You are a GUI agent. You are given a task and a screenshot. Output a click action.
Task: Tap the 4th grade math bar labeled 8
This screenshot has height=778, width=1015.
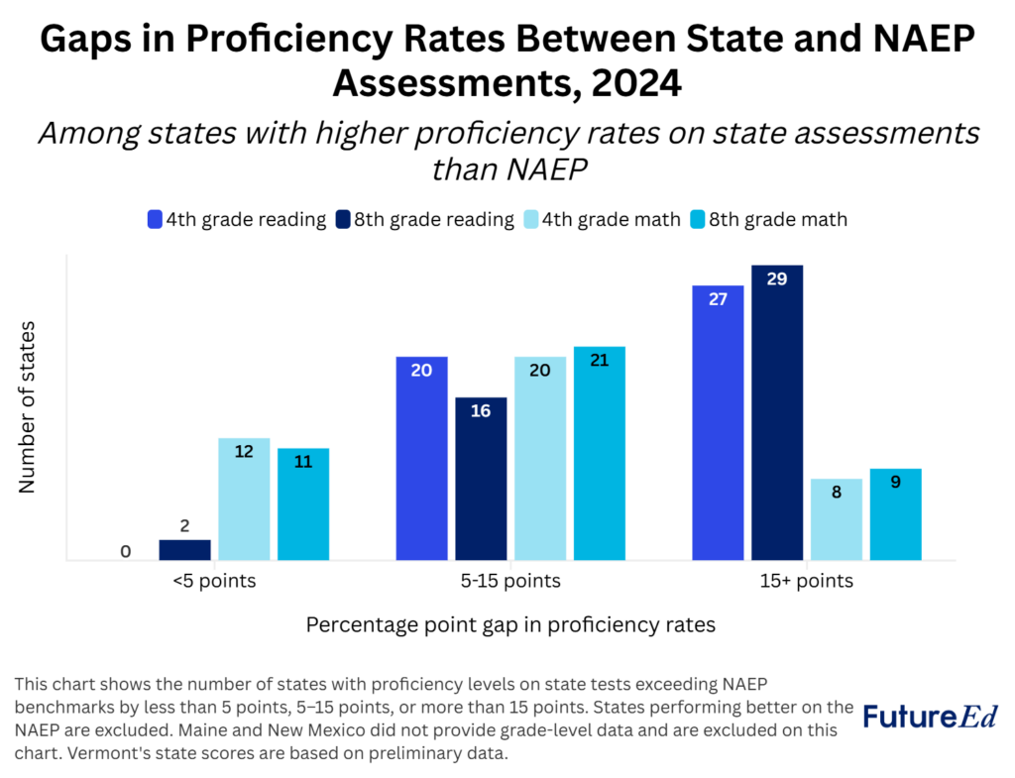coord(836,519)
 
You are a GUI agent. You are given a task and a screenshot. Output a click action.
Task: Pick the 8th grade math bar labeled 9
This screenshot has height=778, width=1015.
coord(895,514)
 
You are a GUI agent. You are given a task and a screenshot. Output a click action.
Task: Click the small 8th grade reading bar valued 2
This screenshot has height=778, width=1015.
coord(185,550)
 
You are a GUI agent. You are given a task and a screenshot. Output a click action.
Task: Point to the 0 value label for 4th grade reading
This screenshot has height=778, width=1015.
coord(126,551)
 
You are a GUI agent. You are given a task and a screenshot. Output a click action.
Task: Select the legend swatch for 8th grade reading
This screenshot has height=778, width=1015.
coord(342,219)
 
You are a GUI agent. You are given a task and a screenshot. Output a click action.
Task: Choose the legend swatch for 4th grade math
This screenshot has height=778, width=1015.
coord(532,219)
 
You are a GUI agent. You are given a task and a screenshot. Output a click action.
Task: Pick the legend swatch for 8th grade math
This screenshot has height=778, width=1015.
coord(700,219)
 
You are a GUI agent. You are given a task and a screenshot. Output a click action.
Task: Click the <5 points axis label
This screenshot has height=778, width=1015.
coord(214,581)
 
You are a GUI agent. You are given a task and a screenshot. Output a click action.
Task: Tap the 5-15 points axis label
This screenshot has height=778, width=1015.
coord(510,581)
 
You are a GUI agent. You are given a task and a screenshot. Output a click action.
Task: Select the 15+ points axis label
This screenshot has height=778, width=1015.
coord(806,581)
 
